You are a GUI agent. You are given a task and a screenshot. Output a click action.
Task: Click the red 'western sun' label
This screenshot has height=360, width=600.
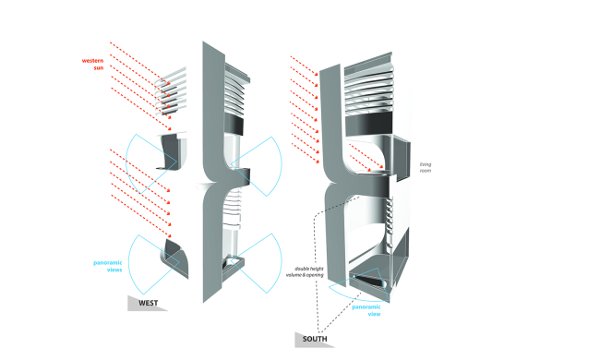click(x=90, y=65)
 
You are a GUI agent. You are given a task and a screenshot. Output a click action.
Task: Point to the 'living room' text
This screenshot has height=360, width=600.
click(x=424, y=167)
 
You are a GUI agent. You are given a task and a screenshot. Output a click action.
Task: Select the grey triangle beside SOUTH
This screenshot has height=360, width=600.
click(x=306, y=340)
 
